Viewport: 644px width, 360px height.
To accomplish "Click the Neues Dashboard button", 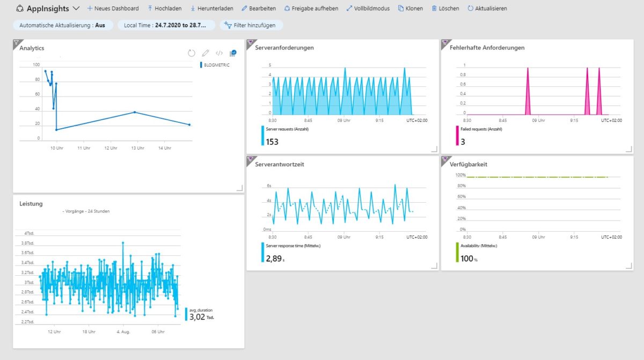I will click(113, 9).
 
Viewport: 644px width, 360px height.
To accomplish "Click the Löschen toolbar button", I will click(445, 9).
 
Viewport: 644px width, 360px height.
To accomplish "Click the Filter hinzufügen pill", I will click(251, 25).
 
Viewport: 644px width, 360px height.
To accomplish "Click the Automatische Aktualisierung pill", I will click(62, 25).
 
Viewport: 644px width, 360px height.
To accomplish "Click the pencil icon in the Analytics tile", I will click(205, 53).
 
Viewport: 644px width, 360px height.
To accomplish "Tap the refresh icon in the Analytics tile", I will click(192, 53).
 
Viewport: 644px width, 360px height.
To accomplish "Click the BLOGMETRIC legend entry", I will click(216, 65).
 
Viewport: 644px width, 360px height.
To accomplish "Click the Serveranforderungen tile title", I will click(284, 48).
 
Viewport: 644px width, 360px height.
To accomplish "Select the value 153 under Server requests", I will click(272, 142).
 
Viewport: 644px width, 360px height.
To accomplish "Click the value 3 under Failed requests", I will click(463, 142).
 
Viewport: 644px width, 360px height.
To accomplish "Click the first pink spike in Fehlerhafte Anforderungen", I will click(528, 91).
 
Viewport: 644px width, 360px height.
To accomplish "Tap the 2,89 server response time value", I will click(274, 259).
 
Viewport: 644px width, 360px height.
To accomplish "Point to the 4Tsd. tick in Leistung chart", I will click(29, 233).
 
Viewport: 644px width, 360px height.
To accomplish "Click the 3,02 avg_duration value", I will click(198, 317).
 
